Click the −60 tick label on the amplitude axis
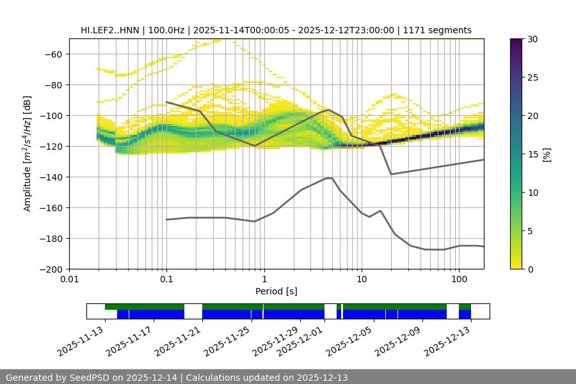[x=52, y=54]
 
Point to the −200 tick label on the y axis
[x=50, y=269]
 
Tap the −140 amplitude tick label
[x=50, y=177]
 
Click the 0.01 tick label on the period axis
[x=69, y=280]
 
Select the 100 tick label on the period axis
[x=458, y=280]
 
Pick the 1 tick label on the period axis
[x=264, y=280]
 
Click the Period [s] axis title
[x=276, y=291]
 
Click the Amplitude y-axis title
[x=28, y=154]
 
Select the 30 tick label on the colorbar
[x=532, y=39]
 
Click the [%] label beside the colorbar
[x=546, y=154]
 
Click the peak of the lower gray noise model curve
[x=329, y=178]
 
